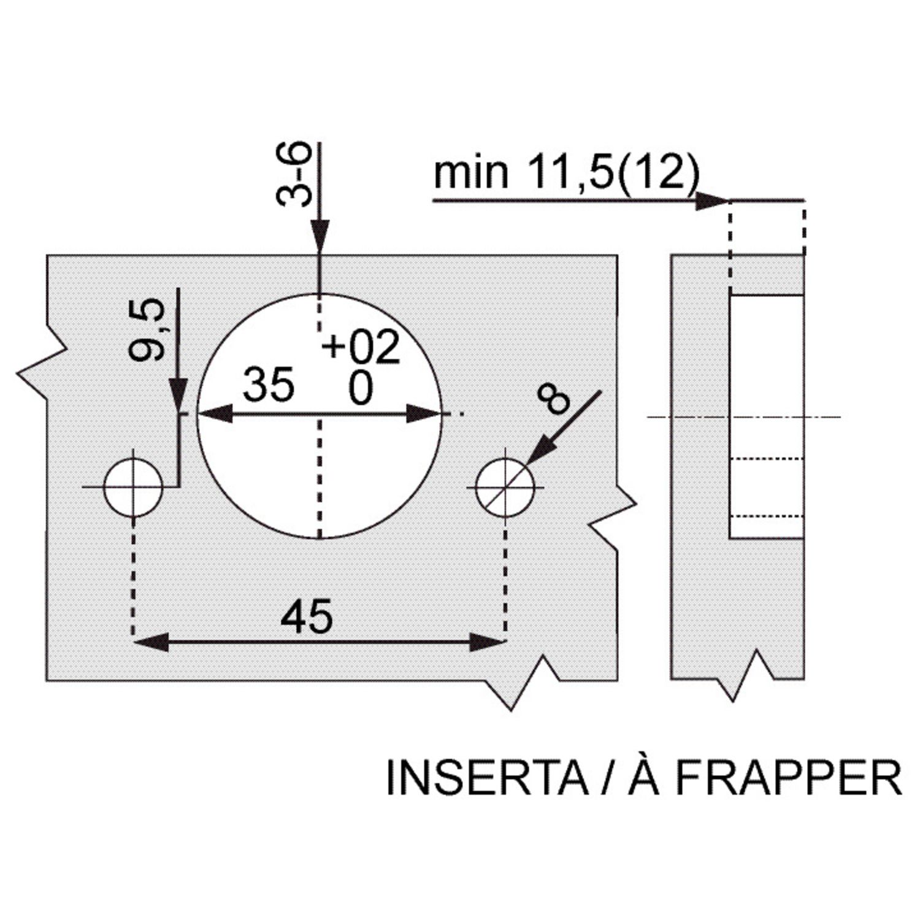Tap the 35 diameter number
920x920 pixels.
point(269,385)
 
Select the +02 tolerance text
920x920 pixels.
point(361,347)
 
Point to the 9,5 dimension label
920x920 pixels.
point(147,329)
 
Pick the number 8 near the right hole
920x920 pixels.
point(552,399)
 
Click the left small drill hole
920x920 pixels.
point(133,488)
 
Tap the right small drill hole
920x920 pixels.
point(505,488)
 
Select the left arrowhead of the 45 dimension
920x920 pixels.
point(150,643)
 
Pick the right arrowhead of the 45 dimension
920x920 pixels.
point(488,643)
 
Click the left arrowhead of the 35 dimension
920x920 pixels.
point(215,414)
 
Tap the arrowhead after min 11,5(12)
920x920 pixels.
point(711,201)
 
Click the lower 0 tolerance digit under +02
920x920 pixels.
point(361,389)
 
